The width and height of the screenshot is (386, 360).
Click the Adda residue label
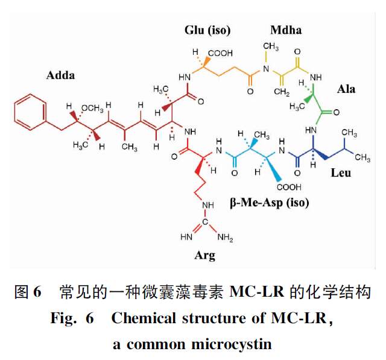click(x=60, y=75)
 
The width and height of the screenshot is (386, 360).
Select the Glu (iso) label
click(x=207, y=30)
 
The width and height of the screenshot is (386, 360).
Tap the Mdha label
click(x=285, y=30)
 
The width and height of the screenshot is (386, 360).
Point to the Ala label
click(x=346, y=89)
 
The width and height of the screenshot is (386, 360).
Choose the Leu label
click(x=340, y=173)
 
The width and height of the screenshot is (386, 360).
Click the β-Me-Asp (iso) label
click(x=269, y=203)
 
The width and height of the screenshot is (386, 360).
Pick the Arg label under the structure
click(x=204, y=255)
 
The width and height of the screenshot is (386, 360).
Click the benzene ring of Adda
click(x=28, y=112)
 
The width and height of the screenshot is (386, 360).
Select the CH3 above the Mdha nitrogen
click(x=270, y=47)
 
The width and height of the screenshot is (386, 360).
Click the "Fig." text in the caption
click(x=64, y=318)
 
